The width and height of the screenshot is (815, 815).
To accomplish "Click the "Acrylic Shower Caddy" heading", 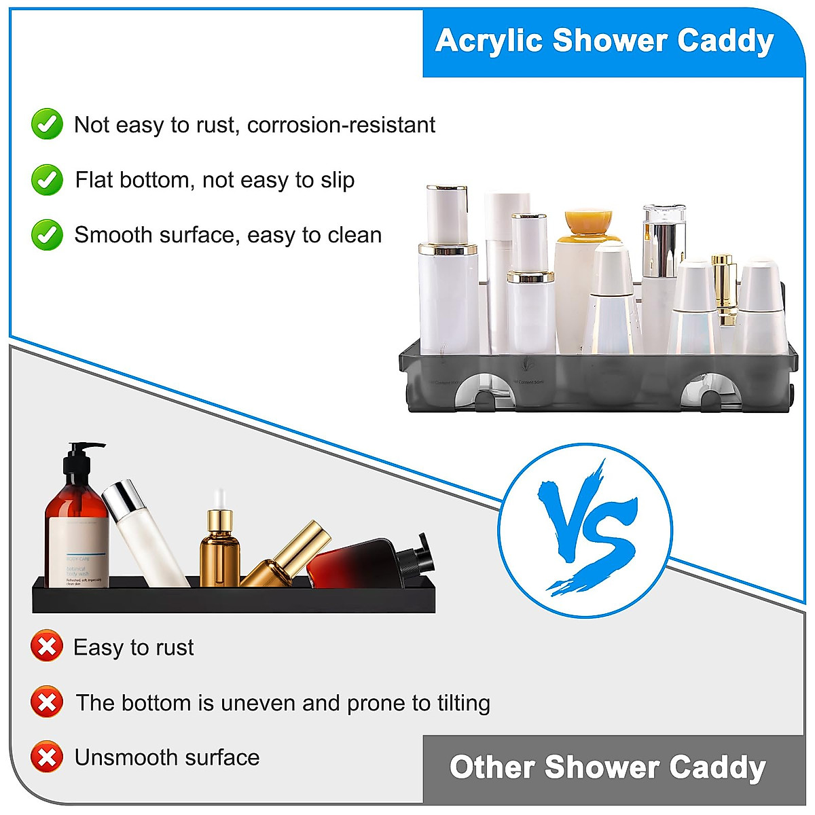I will (604, 41).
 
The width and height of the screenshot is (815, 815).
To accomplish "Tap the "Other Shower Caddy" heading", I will (607, 767).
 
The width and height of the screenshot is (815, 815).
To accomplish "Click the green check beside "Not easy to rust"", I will (47, 124).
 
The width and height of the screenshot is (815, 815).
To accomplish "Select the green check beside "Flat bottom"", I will (47, 180).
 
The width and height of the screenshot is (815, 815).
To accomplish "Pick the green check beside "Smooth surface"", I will (47, 235).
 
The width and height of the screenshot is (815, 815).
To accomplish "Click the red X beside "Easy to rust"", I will (47, 647).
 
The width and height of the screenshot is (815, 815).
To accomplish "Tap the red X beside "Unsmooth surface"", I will (47, 757).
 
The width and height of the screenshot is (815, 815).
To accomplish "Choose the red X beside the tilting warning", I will (47, 702).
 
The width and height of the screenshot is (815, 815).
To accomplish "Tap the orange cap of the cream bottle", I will (588, 221).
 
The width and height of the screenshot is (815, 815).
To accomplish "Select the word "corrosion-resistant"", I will (341, 125).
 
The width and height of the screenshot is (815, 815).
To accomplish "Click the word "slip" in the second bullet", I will (338, 181).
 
